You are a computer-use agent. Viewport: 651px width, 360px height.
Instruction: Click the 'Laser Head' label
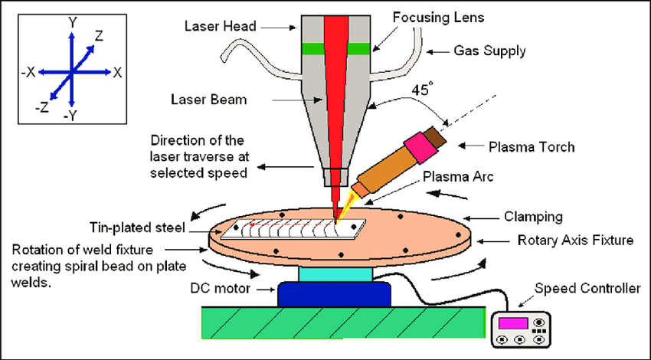(216, 25)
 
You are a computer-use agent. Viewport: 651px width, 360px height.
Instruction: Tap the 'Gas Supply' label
(489, 51)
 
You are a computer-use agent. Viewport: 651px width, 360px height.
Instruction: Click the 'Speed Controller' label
(587, 289)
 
